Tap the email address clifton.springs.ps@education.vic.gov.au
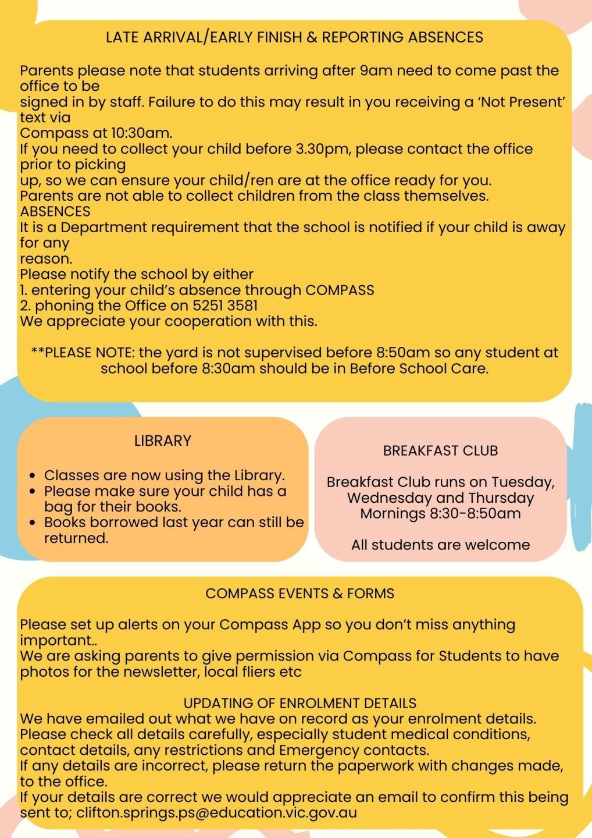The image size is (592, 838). point(216,812)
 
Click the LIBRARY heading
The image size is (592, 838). point(163,441)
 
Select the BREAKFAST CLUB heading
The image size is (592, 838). point(440,450)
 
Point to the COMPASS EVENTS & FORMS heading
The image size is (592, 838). point(299,594)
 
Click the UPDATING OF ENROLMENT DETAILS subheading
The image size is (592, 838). point(299,703)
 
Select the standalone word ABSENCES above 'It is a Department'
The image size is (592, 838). point(55,211)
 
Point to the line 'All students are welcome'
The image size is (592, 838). point(440,545)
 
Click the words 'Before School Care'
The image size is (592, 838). point(418,368)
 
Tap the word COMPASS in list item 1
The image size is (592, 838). point(340,290)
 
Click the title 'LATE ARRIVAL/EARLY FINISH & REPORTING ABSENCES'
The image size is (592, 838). point(294,37)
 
